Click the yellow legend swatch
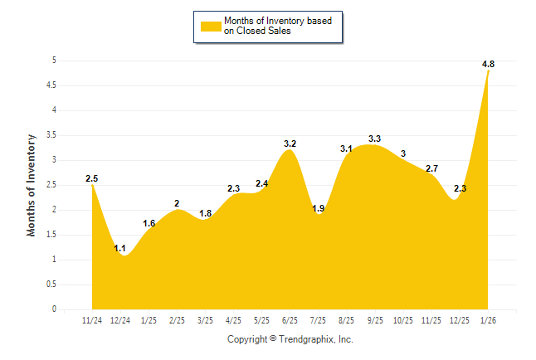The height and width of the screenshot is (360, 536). [x=211, y=26]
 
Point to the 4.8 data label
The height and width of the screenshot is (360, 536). [x=489, y=64]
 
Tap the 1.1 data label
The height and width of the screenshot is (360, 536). [x=119, y=248]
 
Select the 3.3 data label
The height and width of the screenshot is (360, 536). [x=375, y=139]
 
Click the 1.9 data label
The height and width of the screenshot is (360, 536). [x=318, y=209]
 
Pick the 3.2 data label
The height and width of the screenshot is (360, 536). [x=290, y=144]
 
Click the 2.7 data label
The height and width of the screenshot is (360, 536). [x=431, y=168]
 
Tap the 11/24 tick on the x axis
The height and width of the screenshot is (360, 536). [x=92, y=320]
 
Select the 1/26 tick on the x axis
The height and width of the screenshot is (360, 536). [x=488, y=320]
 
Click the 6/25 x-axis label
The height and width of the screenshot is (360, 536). [x=290, y=320]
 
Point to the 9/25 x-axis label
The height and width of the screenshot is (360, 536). [x=375, y=320]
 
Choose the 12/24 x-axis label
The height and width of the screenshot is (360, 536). [x=120, y=320]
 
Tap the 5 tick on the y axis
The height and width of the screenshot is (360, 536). [x=54, y=60]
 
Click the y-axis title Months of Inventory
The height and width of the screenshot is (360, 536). [x=31, y=184]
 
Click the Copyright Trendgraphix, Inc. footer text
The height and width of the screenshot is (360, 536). [x=290, y=339]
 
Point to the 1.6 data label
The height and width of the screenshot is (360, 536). [x=149, y=223]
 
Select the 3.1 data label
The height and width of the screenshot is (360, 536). [x=346, y=148]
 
